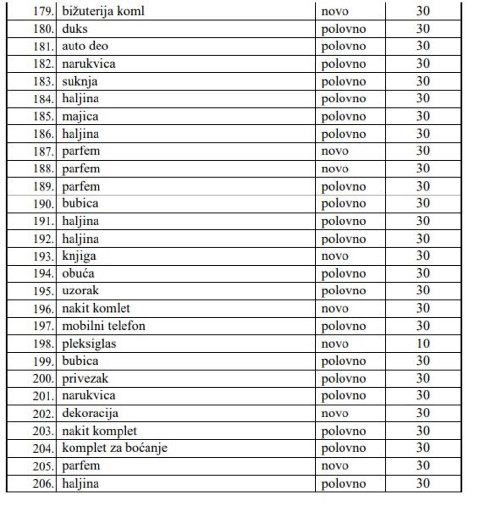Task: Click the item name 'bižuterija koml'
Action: [x=103, y=11]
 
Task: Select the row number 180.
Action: [x=43, y=29]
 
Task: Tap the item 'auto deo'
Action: [x=85, y=46]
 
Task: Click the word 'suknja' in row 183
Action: [x=79, y=81]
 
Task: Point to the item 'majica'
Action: [x=80, y=116]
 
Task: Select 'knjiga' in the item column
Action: [x=79, y=256]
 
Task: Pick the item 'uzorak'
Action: [x=80, y=291]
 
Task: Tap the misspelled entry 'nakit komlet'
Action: [x=96, y=308]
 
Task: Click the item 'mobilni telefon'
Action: [x=103, y=326]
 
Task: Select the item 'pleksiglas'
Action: [x=89, y=343]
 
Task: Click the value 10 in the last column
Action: [x=423, y=343]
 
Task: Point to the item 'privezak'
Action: [x=85, y=378]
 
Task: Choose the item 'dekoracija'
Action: [x=90, y=413]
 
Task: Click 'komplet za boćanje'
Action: [x=115, y=448]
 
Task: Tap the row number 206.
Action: [x=43, y=484]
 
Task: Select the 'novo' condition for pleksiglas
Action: [x=335, y=344]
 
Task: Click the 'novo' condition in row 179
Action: [x=335, y=11]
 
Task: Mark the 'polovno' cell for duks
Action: [x=343, y=29]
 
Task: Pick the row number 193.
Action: [x=43, y=256]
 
